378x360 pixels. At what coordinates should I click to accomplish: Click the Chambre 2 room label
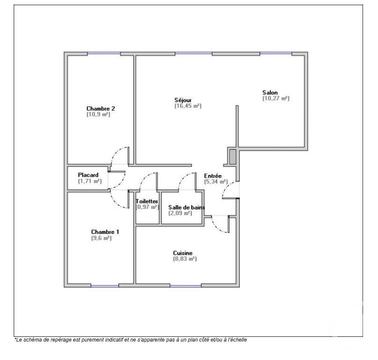100,109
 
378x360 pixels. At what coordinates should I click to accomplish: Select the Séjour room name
183,100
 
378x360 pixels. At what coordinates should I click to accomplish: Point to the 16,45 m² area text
187,106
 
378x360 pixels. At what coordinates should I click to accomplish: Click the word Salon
270,92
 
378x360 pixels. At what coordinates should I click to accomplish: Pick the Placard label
88,175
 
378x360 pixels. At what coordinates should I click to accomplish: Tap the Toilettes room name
147,201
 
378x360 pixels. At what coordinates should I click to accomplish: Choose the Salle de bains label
186,207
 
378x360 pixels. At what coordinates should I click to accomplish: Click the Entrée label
213,176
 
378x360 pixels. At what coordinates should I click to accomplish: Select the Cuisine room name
183,253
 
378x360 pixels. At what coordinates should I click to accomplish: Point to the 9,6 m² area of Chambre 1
101,238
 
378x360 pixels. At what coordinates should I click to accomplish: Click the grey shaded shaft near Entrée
232,157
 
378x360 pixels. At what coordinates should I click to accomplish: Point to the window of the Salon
275,54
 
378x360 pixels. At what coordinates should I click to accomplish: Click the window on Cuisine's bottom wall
185,285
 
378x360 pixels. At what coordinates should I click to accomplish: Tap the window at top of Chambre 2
104,54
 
